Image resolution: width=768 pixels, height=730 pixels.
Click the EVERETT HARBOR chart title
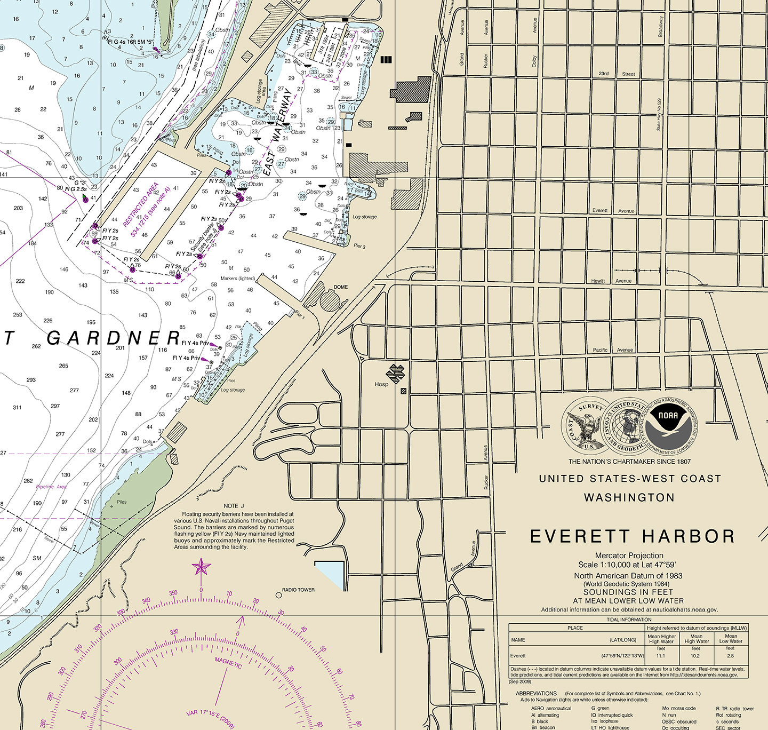(633, 536)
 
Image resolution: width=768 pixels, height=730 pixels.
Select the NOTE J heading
(234, 506)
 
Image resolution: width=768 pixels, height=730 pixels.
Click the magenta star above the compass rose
(201, 567)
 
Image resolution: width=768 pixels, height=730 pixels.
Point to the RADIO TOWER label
(298, 590)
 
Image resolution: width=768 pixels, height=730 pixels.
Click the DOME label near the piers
(341, 287)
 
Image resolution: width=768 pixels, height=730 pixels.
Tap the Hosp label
(381, 384)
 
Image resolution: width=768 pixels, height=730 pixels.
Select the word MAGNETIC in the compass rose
(228, 662)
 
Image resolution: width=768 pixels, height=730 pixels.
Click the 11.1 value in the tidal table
(661, 656)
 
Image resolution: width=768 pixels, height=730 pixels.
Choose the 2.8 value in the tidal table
(730, 656)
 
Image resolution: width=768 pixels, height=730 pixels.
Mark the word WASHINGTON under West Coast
(629, 498)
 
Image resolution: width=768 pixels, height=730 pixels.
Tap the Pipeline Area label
(51, 487)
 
